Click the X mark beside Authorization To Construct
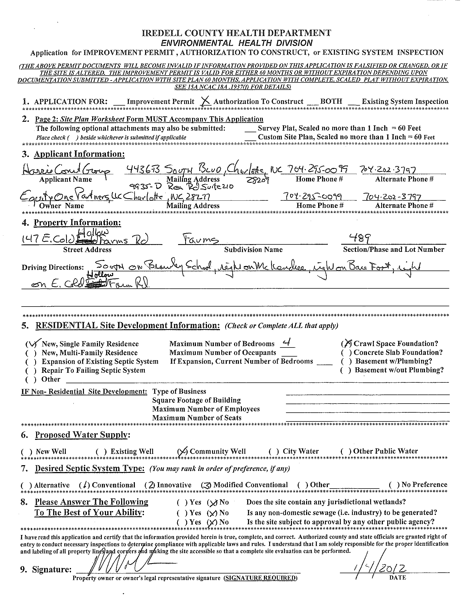pyautogui.click(x=205, y=102)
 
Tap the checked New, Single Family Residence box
pyautogui.click(x=30, y=344)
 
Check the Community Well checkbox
pyautogui.click(x=182, y=451)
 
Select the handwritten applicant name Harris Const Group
pyautogui.click(x=66, y=171)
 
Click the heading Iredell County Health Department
pyautogui.click(x=236, y=33)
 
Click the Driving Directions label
pyautogui.click(x=53, y=267)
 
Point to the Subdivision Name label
pyautogui.click(x=253, y=249)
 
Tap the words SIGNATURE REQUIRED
pyautogui.click(x=260, y=578)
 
